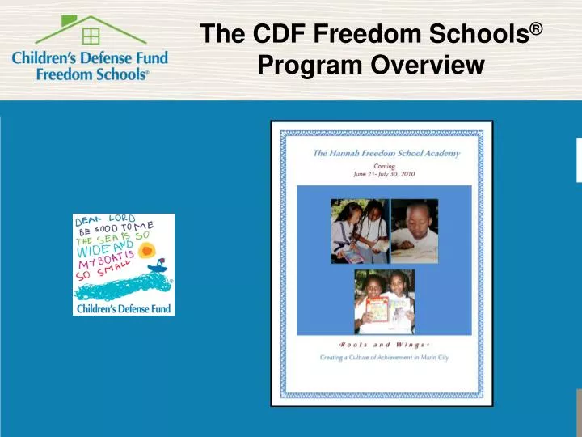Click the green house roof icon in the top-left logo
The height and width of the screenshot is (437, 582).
(90, 29)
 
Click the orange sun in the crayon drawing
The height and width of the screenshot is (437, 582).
(146, 251)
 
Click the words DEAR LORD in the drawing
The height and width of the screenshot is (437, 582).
(104, 219)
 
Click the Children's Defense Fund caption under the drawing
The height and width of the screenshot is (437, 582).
(123, 308)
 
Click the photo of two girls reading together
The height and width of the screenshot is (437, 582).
(358, 231)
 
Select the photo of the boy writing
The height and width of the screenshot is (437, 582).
(415, 231)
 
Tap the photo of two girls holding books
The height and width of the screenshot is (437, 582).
(384, 301)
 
